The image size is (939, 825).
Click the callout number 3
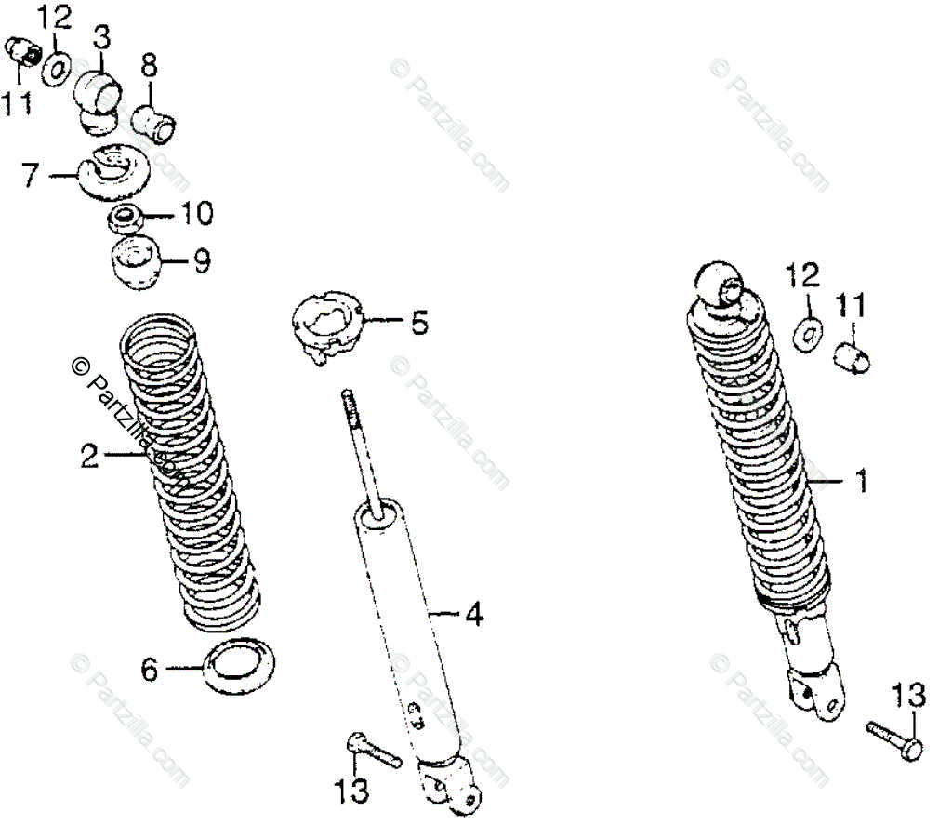coord(100,38)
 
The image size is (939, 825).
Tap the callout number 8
coord(150,65)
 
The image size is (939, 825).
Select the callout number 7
coord(30,173)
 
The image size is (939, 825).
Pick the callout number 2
coord(88,456)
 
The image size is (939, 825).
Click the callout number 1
coord(861,481)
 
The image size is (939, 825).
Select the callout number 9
coord(201,261)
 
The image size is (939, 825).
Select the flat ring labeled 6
coord(239,666)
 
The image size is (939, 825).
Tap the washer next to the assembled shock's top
coord(809,331)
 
